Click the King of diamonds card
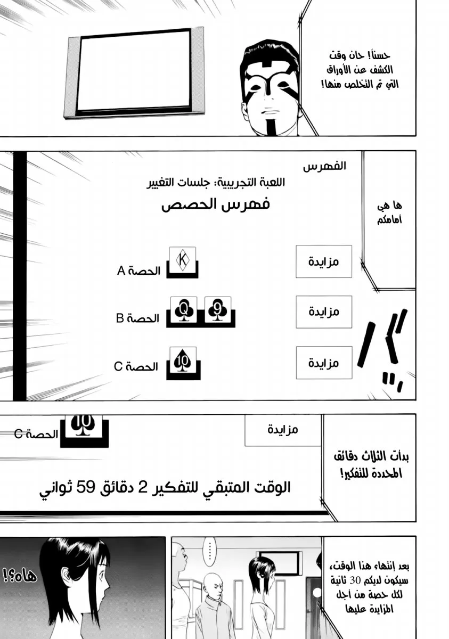(x=182, y=259)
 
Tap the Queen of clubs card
(x=184, y=309)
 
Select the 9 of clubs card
(x=218, y=309)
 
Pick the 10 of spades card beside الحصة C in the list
(x=183, y=360)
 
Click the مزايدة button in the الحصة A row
(x=324, y=261)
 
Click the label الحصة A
(x=139, y=271)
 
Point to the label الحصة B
(x=137, y=318)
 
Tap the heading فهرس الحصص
(x=216, y=204)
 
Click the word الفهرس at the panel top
(x=324, y=166)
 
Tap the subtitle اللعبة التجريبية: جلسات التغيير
(x=216, y=183)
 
